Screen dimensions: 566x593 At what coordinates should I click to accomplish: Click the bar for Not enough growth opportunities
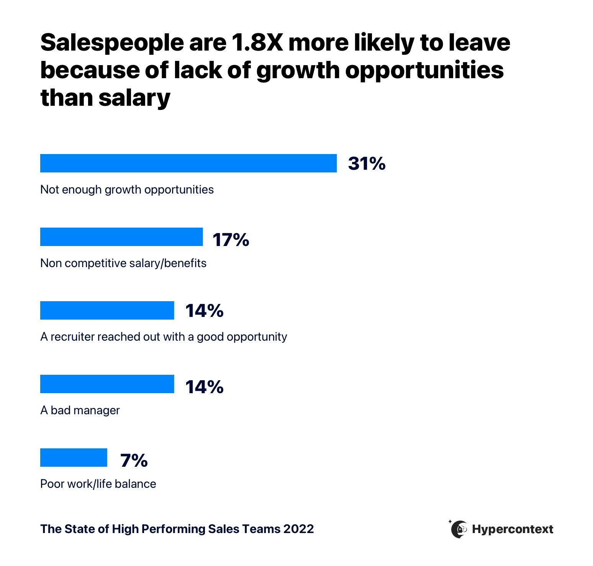[188, 163]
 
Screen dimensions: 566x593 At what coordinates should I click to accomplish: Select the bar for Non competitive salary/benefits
[121, 237]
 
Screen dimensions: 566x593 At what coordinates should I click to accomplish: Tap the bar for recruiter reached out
[107, 310]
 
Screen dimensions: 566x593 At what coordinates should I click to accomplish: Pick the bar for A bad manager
[107, 384]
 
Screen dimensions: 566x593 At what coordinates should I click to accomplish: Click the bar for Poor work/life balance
[74, 458]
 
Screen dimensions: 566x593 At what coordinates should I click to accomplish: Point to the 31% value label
[367, 164]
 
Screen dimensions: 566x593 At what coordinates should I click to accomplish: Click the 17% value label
[231, 240]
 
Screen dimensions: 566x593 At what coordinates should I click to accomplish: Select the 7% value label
[134, 460]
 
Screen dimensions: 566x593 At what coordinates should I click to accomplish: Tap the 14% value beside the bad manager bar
[204, 387]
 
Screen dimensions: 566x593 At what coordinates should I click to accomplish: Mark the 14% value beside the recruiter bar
[204, 311]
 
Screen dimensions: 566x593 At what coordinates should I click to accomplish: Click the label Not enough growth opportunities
[127, 190]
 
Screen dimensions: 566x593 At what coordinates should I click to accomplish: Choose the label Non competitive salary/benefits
[123, 263]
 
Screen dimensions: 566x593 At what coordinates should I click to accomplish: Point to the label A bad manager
[80, 410]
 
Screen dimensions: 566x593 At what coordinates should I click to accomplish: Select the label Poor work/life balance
[98, 484]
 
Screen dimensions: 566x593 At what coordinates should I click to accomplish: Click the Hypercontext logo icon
[459, 529]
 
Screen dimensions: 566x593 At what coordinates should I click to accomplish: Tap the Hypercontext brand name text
[513, 529]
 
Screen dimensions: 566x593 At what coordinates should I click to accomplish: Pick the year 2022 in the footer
[298, 529]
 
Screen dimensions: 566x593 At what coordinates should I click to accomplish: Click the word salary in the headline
[134, 98]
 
